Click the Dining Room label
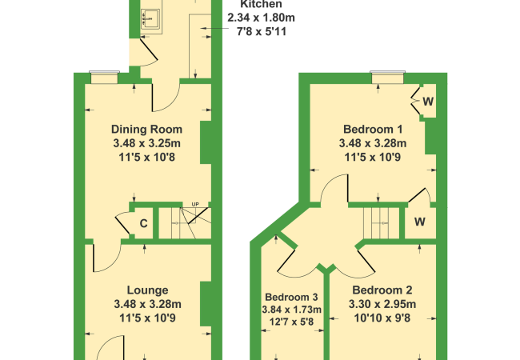146,129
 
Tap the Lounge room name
146,290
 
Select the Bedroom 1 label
372,129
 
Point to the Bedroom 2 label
382,290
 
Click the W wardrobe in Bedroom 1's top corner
428,102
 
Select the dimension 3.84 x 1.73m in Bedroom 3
292,309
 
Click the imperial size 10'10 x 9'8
382,318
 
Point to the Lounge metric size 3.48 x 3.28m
146,304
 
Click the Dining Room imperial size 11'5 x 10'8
146,158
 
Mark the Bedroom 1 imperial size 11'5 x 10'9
372,158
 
